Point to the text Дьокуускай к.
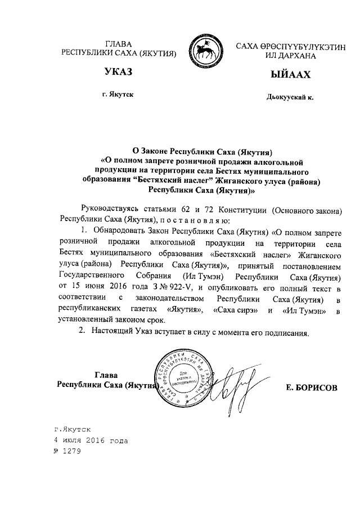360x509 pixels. tap(290, 97)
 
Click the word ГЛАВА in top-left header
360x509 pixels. tap(119, 44)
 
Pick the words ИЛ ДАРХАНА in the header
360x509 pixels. tap(290, 55)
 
